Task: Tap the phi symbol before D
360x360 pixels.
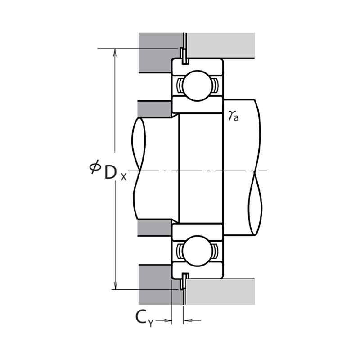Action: pyautogui.click(x=94, y=167)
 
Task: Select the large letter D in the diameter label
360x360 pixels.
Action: pyautogui.click(x=111, y=172)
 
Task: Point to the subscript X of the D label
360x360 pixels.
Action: pyautogui.click(x=124, y=177)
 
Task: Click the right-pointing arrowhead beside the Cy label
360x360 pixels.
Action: pyautogui.click(x=169, y=321)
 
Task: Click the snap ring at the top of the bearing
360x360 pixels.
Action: pyautogui.click(x=183, y=54)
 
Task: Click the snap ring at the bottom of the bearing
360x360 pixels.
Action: pyautogui.click(x=183, y=281)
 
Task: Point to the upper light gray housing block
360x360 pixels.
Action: pyautogui.click(x=220, y=45)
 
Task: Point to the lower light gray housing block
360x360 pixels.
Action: pyautogui.click(x=220, y=291)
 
